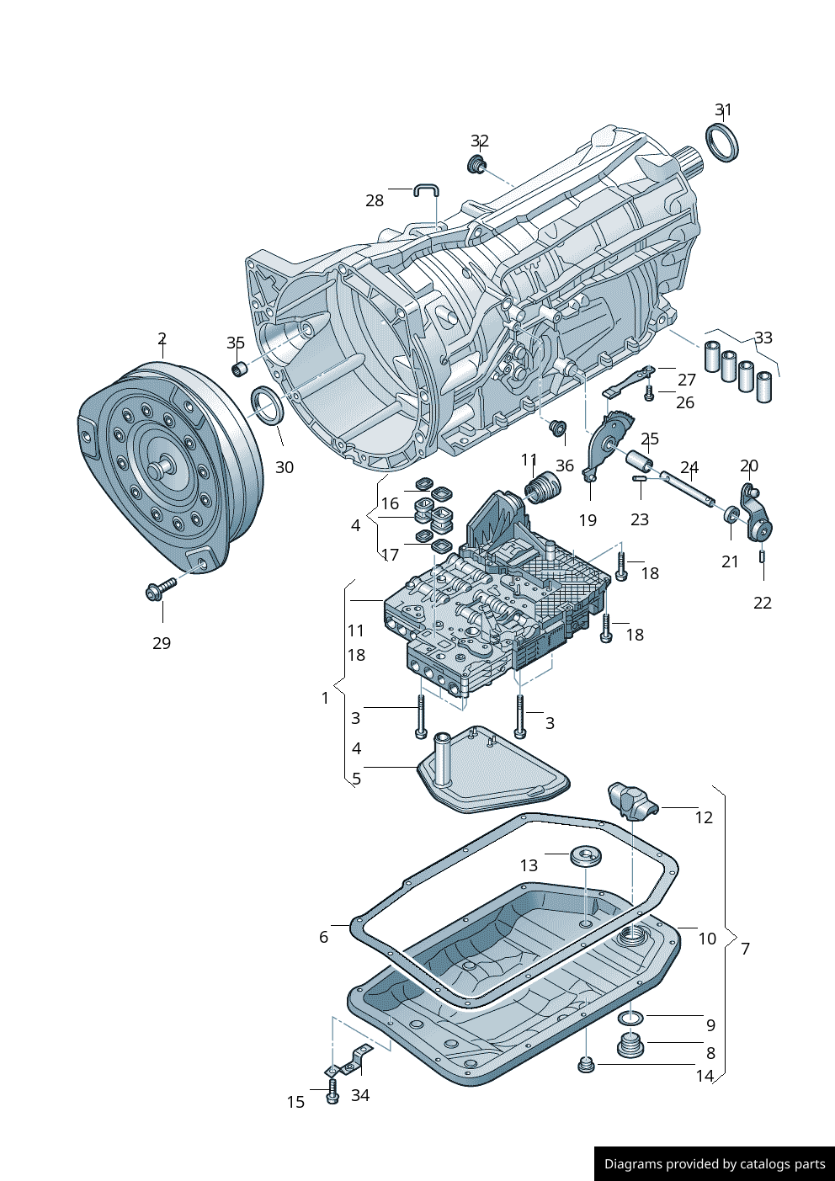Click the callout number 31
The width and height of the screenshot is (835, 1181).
(x=723, y=110)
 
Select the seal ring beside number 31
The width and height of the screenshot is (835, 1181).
(x=721, y=141)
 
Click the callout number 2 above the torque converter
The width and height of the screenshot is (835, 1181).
(x=162, y=339)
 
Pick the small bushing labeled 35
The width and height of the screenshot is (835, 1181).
(x=239, y=369)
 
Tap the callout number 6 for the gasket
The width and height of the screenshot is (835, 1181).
(x=323, y=937)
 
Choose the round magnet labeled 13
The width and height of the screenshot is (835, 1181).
(x=585, y=856)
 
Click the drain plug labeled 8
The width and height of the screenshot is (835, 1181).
(x=630, y=1046)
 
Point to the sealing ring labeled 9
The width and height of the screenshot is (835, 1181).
(x=630, y=1019)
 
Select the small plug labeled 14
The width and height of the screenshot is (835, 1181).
(x=586, y=1066)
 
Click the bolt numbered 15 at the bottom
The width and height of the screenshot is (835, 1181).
(x=332, y=1094)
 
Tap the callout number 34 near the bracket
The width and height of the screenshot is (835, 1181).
(x=360, y=1095)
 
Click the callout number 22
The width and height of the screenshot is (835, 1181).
(x=763, y=603)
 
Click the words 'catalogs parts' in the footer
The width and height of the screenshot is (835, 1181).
(x=783, y=1164)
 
